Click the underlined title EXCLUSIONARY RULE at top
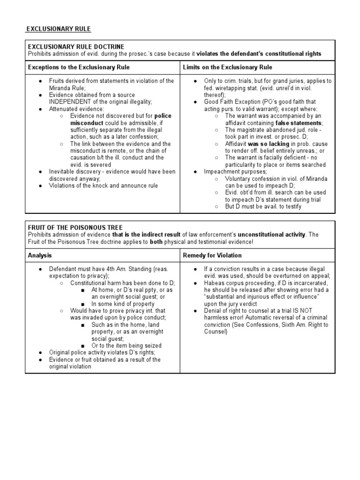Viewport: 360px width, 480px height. click(58, 29)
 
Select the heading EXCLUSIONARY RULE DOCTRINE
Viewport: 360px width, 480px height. click(76, 46)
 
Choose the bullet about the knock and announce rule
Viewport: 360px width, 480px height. click(104, 186)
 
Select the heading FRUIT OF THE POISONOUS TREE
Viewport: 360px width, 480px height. click(75, 227)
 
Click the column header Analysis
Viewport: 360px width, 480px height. click(40, 255)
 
